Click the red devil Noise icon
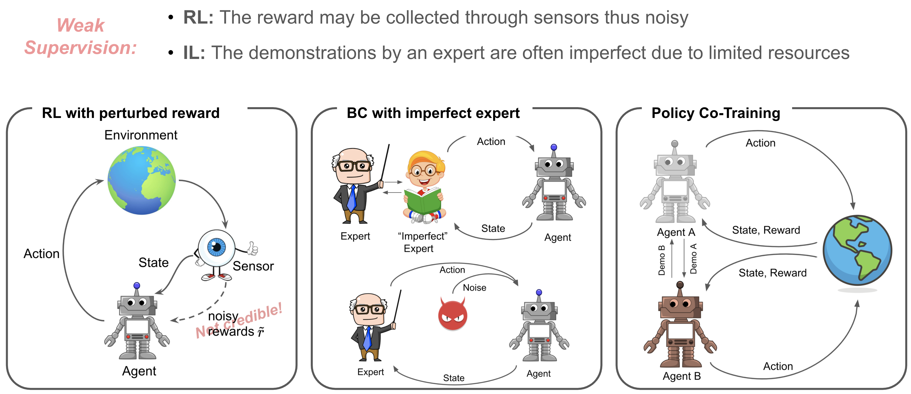(x=452, y=314)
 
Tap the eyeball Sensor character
(x=216, y=249)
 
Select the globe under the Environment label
(x=141, y=180)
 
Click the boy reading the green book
(x=424, y=187)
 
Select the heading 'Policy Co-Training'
(x=716, y=113)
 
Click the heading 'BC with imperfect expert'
(x=433, y=113)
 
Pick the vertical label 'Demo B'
(x=662, y=260)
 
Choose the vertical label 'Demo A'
(x=694, y=258)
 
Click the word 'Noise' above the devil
(x=474, y=288)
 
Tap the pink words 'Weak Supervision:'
(x=81, y=36)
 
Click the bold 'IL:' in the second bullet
(x=194, y=53)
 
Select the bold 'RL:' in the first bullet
(x=198, y=18)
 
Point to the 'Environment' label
(x=141, y=135)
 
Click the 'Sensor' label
(x=253, y=266)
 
